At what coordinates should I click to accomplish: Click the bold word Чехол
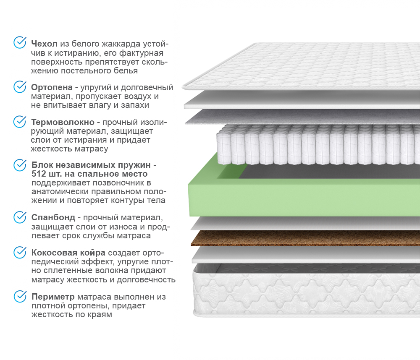point(44,44)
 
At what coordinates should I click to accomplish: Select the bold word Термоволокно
point(62,123)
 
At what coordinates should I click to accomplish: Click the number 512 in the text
point(39,174)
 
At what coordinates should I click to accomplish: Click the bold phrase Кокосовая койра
point(68,253)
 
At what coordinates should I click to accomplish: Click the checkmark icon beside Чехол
point(20,42)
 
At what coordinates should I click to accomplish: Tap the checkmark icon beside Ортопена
point(20,86)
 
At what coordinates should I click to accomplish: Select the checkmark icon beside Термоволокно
point(20,121)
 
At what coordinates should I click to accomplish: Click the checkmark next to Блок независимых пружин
point(20,165)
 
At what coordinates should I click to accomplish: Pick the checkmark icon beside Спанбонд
point(20,217)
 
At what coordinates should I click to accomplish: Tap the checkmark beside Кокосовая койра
point(20,252)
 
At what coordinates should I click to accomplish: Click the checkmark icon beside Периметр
point(20,296)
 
